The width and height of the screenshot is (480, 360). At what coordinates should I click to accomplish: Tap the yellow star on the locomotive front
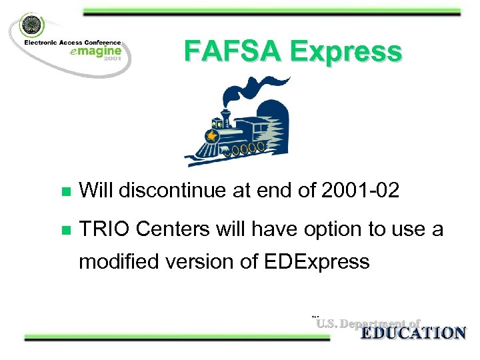[212, 136]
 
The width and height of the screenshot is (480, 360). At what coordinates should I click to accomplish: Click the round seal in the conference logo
[31, 25]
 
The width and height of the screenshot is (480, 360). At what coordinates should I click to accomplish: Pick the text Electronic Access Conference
[73, 42]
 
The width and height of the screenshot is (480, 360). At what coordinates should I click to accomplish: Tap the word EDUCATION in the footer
[413, 333]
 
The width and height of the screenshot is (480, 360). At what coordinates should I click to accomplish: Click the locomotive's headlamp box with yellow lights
[217, 124]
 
